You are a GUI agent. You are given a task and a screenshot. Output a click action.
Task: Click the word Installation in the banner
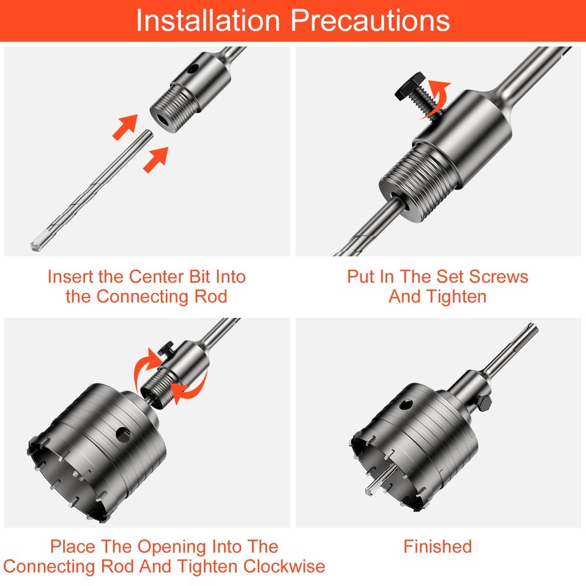pos(208,20)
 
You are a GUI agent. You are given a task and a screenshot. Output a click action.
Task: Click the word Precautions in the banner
pos(370,20)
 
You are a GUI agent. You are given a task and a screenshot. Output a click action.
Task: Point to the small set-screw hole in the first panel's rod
pos(193,69)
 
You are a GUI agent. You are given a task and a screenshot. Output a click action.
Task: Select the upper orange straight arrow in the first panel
pos(125,127)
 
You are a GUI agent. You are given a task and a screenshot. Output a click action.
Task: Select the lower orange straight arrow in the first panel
pos(156,160)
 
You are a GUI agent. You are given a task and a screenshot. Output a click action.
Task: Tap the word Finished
pos(437,546)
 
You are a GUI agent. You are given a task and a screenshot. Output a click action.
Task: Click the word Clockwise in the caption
pos(284,566)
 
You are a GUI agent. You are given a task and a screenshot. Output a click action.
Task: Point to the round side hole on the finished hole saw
pos(406,404)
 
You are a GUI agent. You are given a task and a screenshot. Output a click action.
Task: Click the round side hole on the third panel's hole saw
pos(124,434)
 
